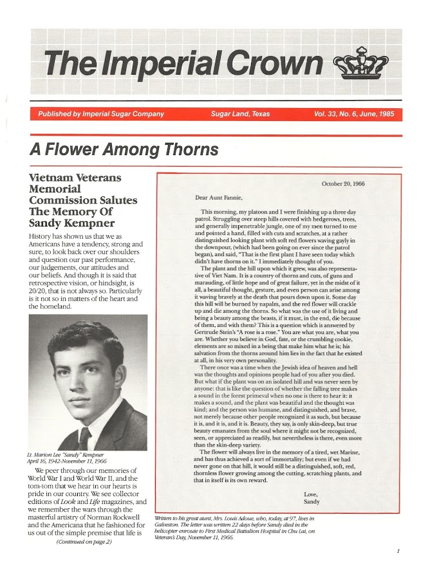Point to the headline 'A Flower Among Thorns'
tap(124, 150)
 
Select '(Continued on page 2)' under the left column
tap(84, 541)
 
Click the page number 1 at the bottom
tap(399, 551)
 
